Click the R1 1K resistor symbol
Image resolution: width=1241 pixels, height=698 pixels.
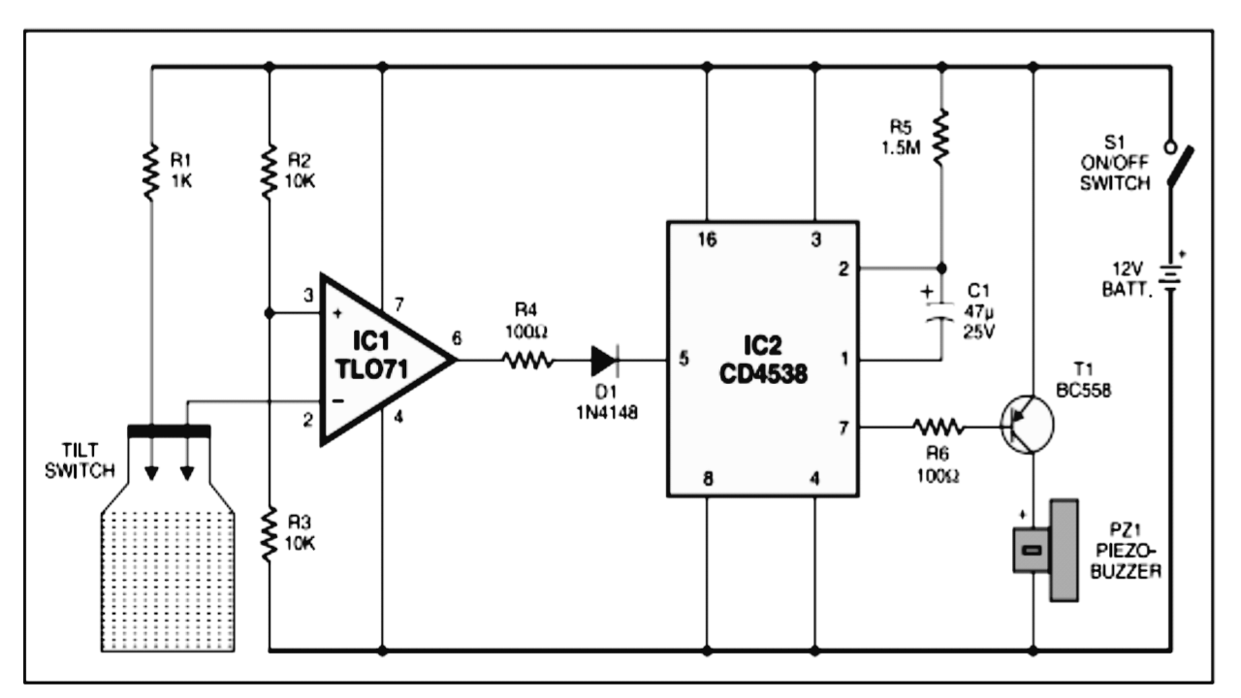[151, 173]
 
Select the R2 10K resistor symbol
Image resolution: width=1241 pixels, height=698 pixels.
[269, 173]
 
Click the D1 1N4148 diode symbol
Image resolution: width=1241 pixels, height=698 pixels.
[604, 362]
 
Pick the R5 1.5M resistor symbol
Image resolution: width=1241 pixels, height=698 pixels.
[939, 137]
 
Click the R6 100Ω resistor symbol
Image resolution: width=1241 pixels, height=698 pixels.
[936, 426]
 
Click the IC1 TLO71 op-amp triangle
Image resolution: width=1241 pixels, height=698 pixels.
[378, 362]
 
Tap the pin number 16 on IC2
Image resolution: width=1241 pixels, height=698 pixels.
[708, 239]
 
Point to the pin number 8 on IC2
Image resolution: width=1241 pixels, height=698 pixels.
[708, 478]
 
